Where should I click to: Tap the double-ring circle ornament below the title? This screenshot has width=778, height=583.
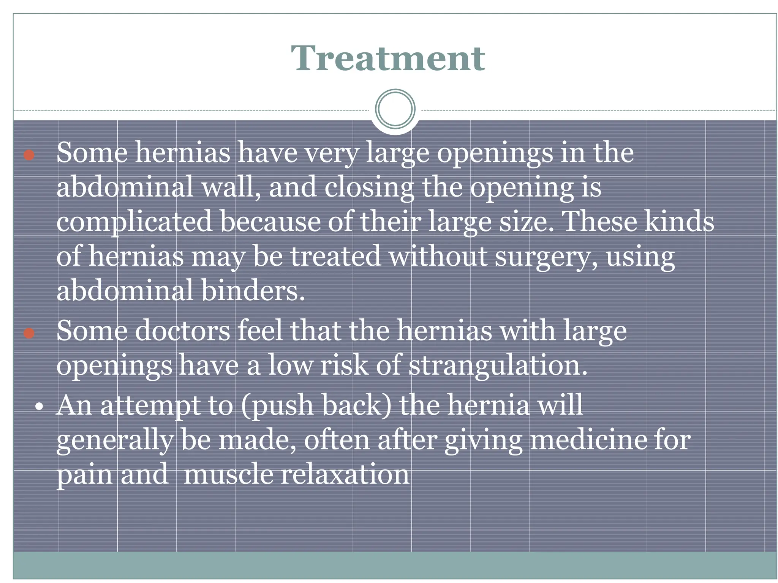tap(395, 109)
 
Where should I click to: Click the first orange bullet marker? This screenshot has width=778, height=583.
tap(29, 155)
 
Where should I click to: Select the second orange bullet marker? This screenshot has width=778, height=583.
tap(29, 333)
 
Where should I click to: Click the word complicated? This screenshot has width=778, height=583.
tap(134, 222)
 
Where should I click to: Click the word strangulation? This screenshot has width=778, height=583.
tap(498, 365)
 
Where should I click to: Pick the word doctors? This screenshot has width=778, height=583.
tap(182, 331)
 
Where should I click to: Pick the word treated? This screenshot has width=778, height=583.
tap(336, 256)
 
